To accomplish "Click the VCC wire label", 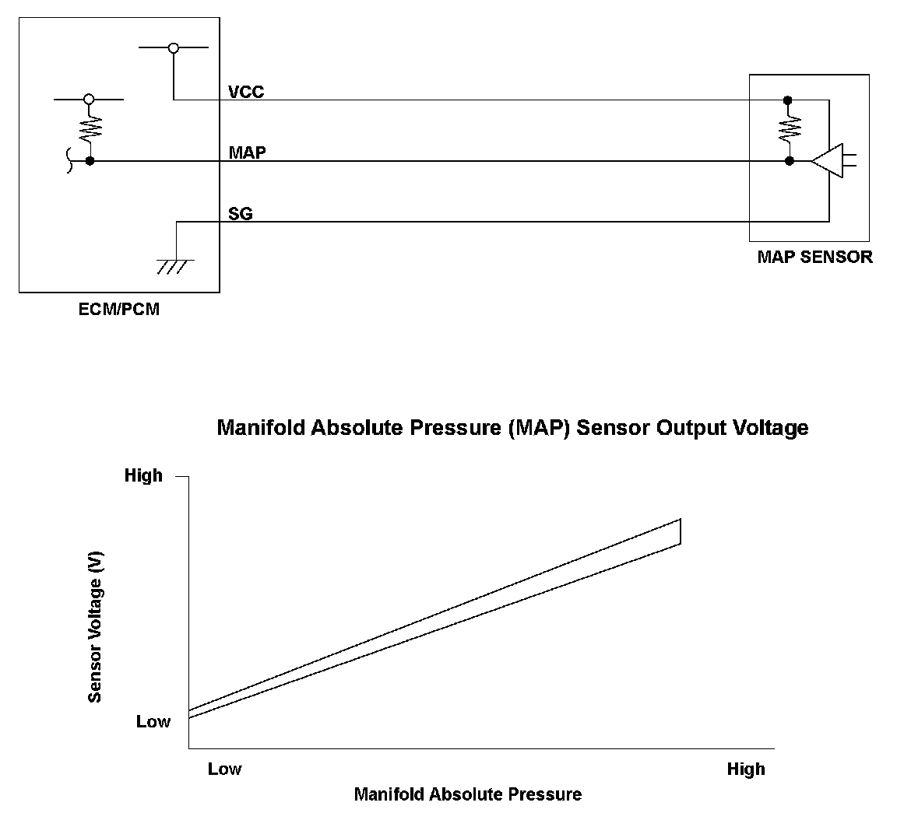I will [x=246, y=92].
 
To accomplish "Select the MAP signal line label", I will [x=247, y=152].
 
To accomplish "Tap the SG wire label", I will [x=241, y=213].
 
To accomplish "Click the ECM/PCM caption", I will [x=120, y=309].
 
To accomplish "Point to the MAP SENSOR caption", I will [x=814, y=257].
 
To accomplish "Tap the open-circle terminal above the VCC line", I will [x=174, y=48].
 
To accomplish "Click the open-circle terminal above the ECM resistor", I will [x=89, y=100].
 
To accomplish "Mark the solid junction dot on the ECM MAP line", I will [x=90, y=161].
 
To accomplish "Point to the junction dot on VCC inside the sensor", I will [x=788, y=100].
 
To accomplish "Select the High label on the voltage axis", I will [x=143, y=475].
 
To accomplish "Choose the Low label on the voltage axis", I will [x=153, y=721].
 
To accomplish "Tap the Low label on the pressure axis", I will [x=224, y=769].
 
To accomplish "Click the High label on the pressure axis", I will [x=745, y=769].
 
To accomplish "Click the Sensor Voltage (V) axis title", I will [x=96, y=627].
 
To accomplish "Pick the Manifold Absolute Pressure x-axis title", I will [x=467, y=794].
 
